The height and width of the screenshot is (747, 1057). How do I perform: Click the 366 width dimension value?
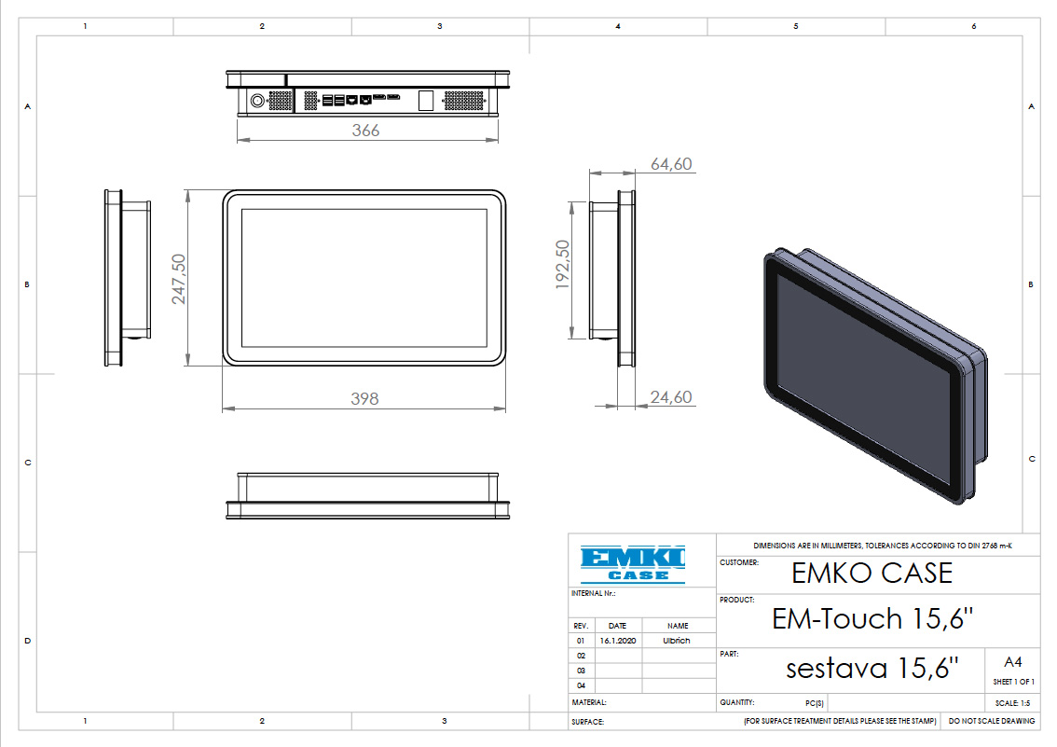(365, 131)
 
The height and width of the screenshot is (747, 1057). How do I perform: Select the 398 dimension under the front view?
(364, 398)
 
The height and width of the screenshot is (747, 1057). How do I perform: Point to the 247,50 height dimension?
(177, 280)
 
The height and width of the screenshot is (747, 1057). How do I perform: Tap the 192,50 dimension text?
(562, 265)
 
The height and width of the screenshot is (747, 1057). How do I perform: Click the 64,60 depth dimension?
(671, 164)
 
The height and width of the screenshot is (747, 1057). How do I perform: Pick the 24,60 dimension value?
(671, 397)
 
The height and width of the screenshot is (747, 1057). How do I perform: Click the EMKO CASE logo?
(632, 563)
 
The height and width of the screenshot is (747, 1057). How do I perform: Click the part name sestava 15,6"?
(872, 669)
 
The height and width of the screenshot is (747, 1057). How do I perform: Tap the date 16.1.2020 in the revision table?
(617, 642)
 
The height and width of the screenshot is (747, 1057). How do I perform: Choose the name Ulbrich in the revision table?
(677, 642)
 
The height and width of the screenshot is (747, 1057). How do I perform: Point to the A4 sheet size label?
(1013, 662)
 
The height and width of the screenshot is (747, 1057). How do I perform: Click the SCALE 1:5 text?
(1013, 703)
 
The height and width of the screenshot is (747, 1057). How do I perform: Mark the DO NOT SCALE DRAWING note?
(992, 721)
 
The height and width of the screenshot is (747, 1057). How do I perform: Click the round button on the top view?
(256, 100)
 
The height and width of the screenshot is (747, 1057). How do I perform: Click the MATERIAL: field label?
(589, 702)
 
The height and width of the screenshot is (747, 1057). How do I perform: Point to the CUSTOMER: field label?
(739, 563)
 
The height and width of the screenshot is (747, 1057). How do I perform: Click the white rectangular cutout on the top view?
(426, 100)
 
